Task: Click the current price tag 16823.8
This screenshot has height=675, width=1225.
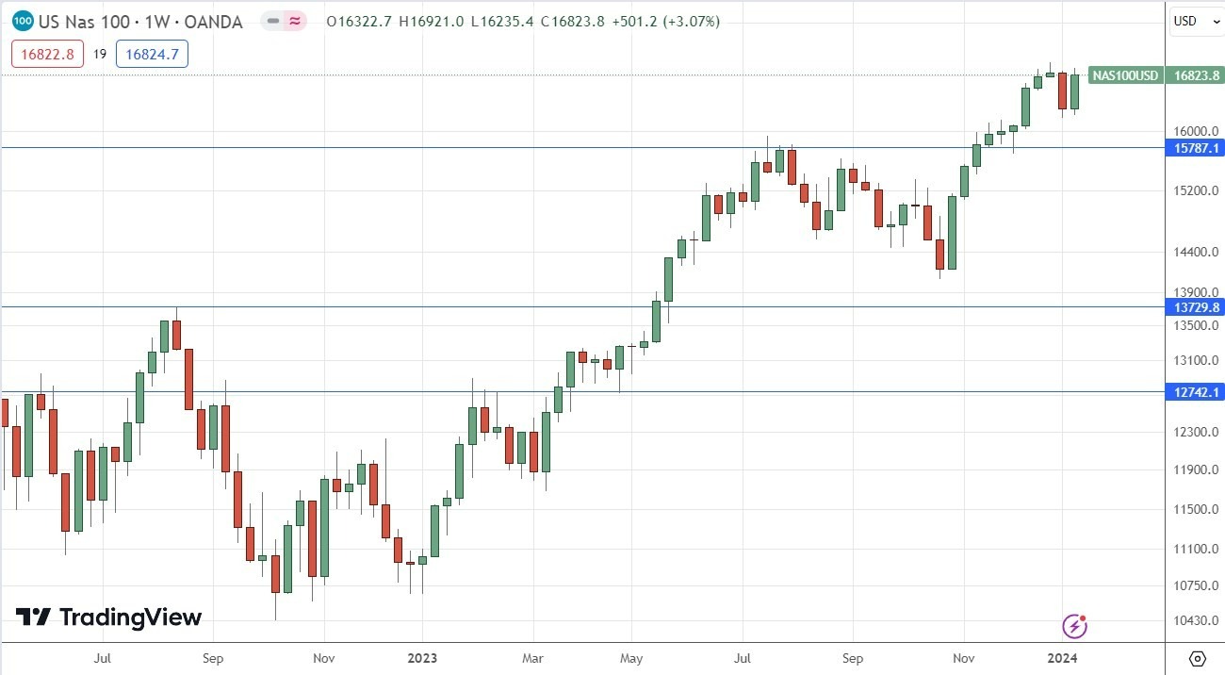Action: click(x=1194, y=75)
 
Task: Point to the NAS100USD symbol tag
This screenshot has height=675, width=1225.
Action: click(x=1125, y=75)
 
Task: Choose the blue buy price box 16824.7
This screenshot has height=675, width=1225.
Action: click(x=152, y=54)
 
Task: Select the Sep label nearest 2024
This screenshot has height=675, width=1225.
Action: click(x=852, y=658)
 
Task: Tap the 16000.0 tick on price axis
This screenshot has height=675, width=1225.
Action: click(x=1194, y=131)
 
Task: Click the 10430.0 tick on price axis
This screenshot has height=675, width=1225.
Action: click(x=1194, y=620)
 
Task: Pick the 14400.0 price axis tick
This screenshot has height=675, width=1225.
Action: click(x=1194, y=252)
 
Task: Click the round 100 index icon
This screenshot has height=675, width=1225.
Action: click(x=24, y=21)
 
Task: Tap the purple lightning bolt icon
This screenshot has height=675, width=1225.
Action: click(x=1075, y=625)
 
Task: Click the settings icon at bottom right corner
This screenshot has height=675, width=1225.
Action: click(x=1197, y=658)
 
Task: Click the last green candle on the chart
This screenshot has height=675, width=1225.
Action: click(x=1073, y=91)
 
